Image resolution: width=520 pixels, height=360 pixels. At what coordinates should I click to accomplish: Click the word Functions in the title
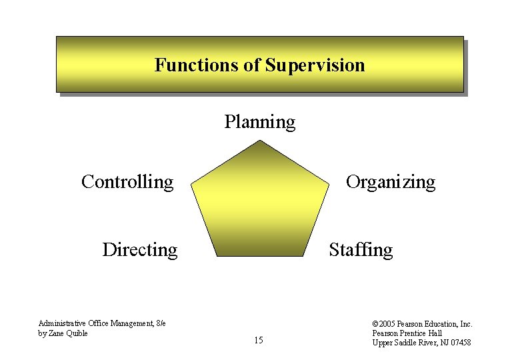coord(185,65)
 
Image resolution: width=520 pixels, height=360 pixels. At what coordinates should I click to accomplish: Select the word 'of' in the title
coord(252,65)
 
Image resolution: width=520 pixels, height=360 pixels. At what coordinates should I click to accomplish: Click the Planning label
coord(259,122)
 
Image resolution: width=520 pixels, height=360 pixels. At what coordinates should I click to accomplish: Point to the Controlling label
coord(127,181)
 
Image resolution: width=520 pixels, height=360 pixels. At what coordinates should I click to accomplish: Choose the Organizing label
coord(390,182)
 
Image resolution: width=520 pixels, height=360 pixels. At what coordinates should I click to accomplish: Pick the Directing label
coord(140,250)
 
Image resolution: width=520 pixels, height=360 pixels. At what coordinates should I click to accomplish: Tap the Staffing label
coord(361,250)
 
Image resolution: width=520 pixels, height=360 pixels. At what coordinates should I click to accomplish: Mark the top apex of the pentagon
coord(260,141)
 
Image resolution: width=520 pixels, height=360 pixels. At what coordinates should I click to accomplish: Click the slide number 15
coord(259,341)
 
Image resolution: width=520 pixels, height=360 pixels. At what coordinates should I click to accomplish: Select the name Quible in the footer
coord(75,333)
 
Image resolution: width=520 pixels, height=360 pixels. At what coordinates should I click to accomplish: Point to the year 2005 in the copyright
coord(389,324)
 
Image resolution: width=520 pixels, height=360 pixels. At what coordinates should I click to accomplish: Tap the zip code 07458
coord(460,343)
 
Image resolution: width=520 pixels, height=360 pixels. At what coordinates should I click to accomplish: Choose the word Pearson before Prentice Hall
coord(386,333)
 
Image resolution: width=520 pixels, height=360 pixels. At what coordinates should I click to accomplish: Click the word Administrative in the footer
coord(60,324)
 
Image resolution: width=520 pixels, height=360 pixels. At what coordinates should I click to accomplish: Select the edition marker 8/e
coord(160,324)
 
